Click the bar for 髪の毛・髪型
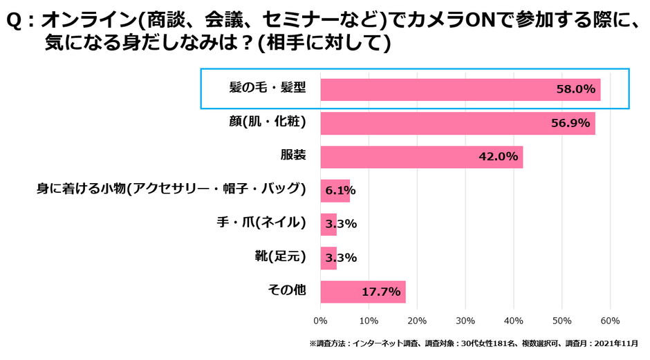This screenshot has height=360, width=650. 460,90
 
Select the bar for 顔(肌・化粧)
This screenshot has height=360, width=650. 457,124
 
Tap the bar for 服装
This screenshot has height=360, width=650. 421,157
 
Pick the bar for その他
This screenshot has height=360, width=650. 362,292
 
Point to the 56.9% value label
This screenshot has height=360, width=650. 570,124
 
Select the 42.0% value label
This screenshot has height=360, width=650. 498,157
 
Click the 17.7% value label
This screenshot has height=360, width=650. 381,292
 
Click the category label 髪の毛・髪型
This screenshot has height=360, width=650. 267,88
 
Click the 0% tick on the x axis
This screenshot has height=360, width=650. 320,321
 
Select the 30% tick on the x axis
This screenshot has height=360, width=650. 465,321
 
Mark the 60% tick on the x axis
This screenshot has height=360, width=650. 609,321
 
